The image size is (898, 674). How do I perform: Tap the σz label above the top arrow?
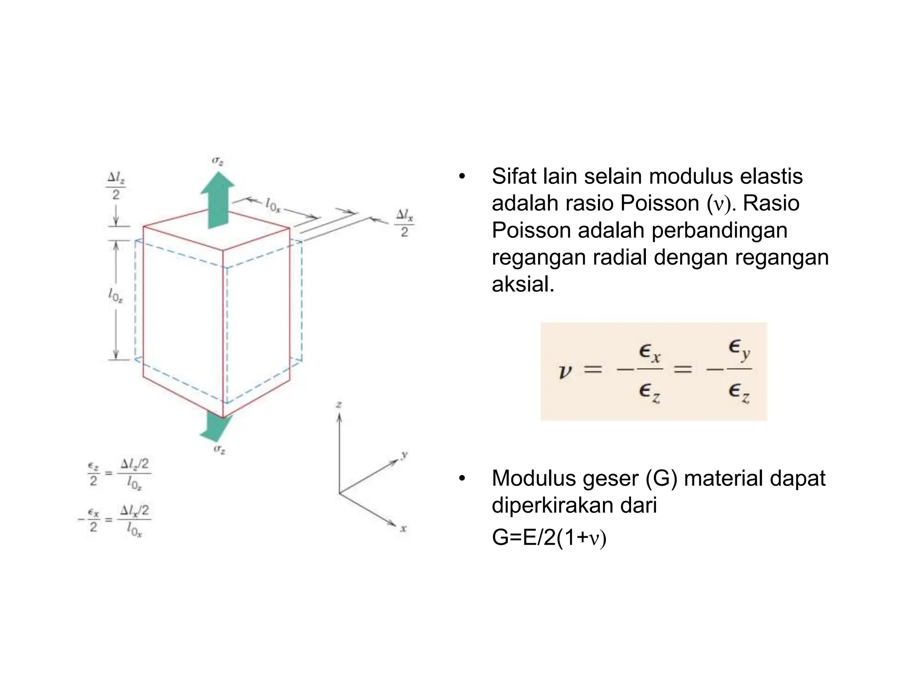218,161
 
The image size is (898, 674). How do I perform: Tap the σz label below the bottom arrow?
219,449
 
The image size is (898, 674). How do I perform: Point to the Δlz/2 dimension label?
116,186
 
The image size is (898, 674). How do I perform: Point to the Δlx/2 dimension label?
404,223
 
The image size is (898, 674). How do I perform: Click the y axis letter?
404,455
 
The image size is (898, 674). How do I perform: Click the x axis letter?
403,529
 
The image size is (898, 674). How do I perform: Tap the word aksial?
523,284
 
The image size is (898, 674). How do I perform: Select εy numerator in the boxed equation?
739,349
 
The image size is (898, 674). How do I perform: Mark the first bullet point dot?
461,177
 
